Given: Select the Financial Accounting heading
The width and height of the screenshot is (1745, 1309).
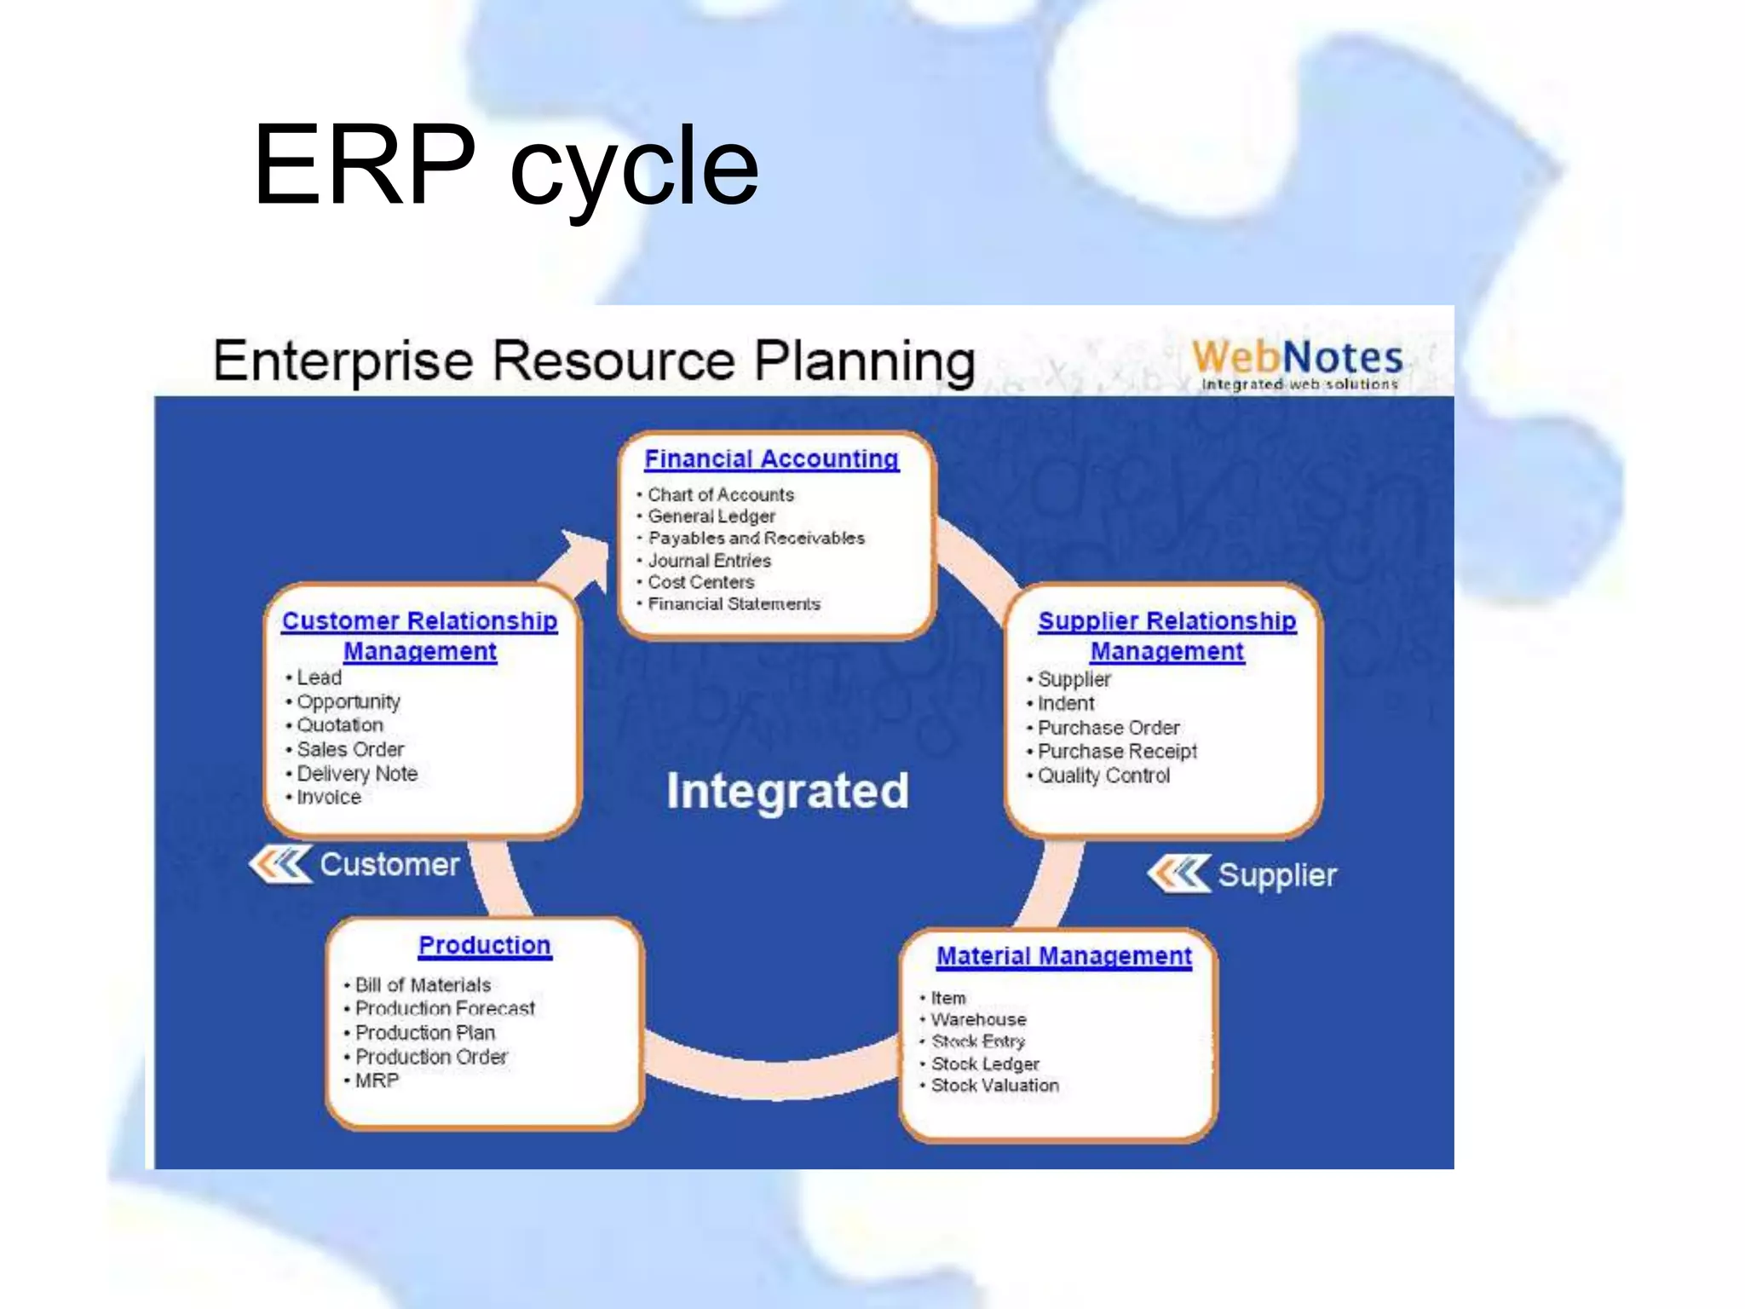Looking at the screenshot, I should (771, 458).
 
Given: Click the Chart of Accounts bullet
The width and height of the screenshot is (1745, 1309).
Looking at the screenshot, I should (720, 494).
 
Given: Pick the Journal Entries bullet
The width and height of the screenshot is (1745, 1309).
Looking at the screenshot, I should (709, 561).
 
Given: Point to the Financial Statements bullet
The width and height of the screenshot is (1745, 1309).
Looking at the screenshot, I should (734, 604).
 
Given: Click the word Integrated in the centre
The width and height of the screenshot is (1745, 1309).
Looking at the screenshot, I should (787, 791).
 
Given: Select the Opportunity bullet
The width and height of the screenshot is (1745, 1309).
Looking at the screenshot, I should (348, 701).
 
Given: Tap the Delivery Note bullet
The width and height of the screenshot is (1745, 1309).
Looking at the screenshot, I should (356, 773).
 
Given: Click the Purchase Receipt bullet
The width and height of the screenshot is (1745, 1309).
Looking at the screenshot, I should (1116, 751).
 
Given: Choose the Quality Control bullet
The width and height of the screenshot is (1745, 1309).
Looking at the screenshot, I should (1103, 776).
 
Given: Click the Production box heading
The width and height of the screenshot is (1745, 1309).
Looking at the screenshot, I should (484, 945).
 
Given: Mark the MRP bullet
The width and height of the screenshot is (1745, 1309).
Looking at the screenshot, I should (377, 1081).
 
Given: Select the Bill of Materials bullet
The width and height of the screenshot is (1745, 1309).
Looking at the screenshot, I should (423, 985).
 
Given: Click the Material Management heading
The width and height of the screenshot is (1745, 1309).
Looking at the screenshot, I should (1063, 956).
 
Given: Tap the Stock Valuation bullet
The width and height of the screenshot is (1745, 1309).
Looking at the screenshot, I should (994, 1086).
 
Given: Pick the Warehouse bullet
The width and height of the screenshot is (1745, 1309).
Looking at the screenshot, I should (978, 1019).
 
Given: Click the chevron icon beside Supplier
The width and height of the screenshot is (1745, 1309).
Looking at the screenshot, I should (1178, 874).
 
